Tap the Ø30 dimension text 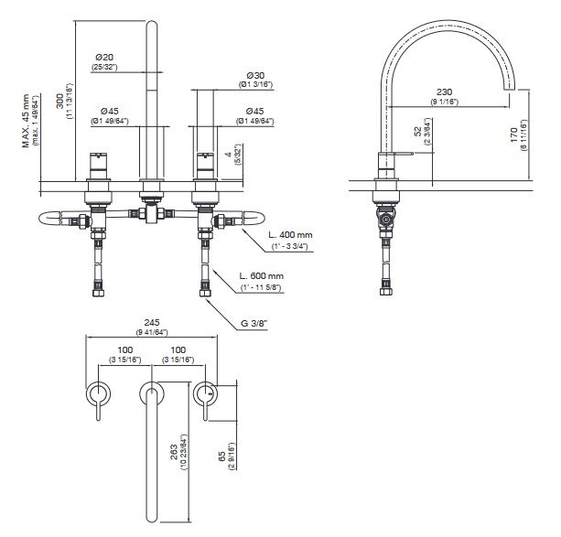(256, 75)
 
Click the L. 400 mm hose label (290, 235)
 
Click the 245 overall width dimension (152, 323)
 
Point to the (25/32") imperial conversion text (103, 66)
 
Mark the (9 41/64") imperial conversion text (152, 333)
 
